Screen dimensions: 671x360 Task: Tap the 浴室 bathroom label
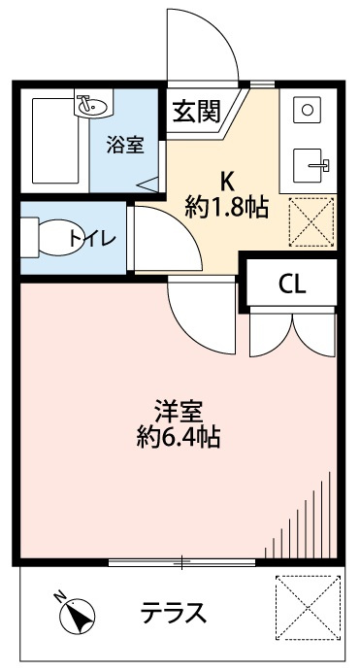click(125, 145)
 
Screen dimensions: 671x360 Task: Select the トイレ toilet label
click(92, 236)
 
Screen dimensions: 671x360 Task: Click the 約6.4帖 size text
click(178, 438)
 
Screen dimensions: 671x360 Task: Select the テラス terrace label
click(173, 614)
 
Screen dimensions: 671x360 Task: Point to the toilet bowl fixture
click(53, 236)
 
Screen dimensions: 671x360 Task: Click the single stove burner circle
click(307, 110)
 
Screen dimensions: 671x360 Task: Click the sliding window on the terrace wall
click(183, 562)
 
